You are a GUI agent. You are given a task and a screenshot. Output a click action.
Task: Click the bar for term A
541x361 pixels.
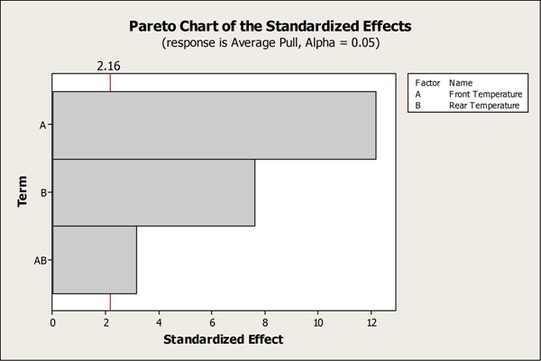coord(214,125)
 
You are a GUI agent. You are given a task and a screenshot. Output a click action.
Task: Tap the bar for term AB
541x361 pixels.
coord(95,260)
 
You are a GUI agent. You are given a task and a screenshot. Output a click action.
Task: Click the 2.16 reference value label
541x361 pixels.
coord(109,65)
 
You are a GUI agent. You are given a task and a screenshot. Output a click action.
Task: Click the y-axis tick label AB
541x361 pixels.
coord(40,260)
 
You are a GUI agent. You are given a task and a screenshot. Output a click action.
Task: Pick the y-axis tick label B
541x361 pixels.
coord(43,192)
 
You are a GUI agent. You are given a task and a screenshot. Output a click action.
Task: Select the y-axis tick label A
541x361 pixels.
coord(43,125)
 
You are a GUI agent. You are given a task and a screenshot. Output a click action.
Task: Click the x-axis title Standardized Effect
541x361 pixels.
coord(223,339)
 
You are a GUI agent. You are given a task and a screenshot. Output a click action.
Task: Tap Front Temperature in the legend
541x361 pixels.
coord(485,94)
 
